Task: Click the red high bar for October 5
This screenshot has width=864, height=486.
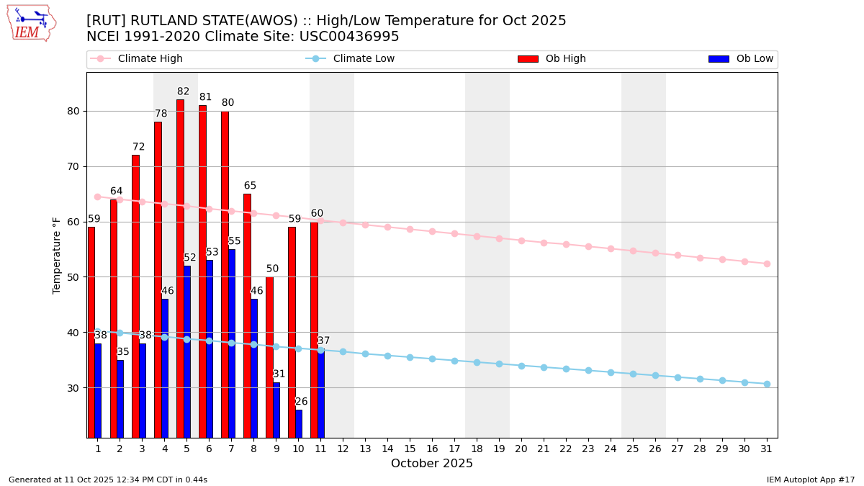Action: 180,268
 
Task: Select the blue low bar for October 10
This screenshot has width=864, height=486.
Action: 299,423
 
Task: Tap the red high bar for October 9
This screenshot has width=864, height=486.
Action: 269,357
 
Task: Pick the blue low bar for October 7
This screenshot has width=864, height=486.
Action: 232,343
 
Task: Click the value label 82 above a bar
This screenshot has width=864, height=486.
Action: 184,92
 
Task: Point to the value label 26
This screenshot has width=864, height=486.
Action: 302,402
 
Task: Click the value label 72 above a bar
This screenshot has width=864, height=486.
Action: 139,147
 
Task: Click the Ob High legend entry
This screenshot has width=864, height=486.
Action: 552,59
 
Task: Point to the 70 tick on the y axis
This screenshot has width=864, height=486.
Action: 73,166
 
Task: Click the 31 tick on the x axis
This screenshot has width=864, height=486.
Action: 767,449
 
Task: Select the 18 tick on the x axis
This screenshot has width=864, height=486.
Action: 477,449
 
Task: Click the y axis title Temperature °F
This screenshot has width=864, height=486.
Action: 57,255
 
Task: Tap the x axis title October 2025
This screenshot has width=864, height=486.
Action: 432,464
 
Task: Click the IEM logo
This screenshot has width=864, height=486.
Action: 31,23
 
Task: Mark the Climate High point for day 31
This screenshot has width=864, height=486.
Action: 767,264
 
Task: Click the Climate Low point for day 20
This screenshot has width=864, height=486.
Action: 521,366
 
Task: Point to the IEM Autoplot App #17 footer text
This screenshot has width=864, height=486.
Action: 811,480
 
